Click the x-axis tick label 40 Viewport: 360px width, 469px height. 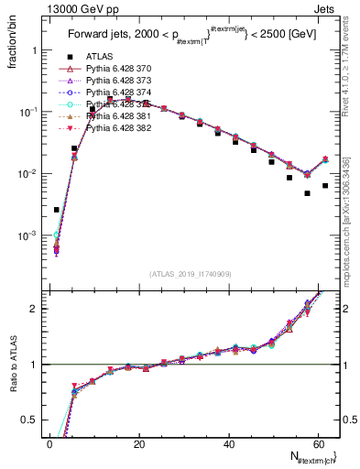pyautogui.click(x=228, y=443)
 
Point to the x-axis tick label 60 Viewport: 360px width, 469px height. pyautogui.click(x=317, y=443)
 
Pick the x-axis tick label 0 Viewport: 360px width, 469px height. pyautogui.click(x=50, y=443)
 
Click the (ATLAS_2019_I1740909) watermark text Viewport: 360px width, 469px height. pyautogui.click(x=190, y=274)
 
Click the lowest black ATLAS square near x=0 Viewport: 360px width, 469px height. pyautogui.click(x=57, y=210)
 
